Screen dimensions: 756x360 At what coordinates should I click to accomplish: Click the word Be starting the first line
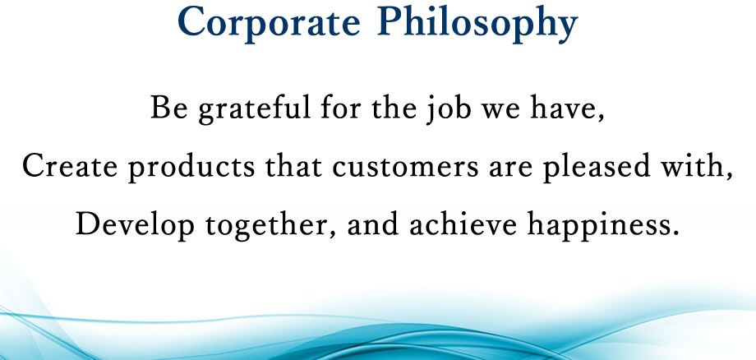(x=168, y=108)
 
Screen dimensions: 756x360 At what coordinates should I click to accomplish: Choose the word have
(x=564, y=108)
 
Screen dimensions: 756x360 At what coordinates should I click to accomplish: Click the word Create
(x=70, y=167)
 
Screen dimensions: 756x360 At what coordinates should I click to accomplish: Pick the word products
(x=191, y=168)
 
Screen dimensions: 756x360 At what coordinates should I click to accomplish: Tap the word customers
(x=405, y=167)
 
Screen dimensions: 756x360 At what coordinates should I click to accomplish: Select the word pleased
(x=597, y=168)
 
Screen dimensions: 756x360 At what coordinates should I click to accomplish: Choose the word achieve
(x=463, y=224)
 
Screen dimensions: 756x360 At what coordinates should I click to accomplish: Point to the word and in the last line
(x=373, y=224)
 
